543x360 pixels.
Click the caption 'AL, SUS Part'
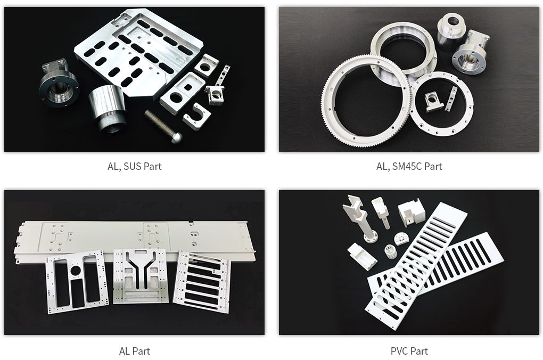click(x=134, y=166)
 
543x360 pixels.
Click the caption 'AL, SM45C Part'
click(x=409, y=166)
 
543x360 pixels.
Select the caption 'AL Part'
click(x=134, y=351)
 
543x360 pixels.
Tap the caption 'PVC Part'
click(x=409, y=351)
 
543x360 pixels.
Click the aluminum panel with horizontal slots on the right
click(x=201, y=282)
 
